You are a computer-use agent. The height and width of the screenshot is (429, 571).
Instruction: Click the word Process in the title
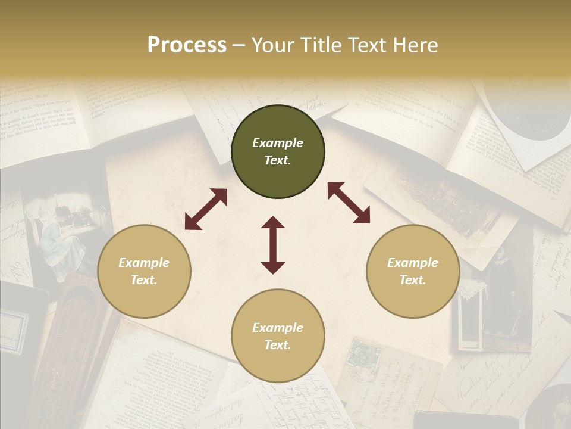[x=187, y=45]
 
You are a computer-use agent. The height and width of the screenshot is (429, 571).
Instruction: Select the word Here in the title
[x=414, y=45]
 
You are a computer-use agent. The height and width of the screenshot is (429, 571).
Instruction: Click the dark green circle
[x=278, y=152]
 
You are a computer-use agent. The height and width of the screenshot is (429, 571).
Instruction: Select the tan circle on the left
[x=144, y=272]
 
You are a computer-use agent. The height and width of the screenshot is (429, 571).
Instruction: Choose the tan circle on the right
[x=413, y=272]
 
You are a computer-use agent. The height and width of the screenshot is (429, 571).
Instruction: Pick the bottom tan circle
[x=278, y=336]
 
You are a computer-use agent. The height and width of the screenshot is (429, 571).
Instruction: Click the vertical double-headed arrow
[x=273, y=245]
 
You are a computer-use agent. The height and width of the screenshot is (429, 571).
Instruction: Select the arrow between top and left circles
[x=206, y=209]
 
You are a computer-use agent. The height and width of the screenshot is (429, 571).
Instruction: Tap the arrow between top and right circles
[x=349, y=203]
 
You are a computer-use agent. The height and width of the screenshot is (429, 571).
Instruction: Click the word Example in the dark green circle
[x=278, y=143]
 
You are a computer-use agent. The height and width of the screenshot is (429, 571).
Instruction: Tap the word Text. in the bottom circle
[x=278, y=345]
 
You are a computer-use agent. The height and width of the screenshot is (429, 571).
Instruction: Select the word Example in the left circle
[x=144, y=263]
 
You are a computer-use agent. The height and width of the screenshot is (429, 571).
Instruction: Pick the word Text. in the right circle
[x=413, y=280]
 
